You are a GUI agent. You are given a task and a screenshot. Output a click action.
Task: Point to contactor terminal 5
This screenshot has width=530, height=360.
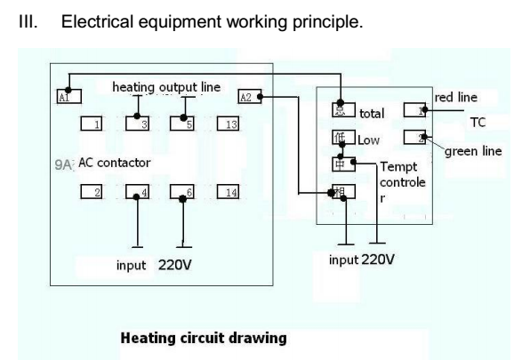tap(183, 124)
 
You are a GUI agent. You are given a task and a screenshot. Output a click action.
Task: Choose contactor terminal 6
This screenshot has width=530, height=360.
tap(183, 191)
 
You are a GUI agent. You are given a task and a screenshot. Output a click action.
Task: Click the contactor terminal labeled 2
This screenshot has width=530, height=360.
tap(92, 191)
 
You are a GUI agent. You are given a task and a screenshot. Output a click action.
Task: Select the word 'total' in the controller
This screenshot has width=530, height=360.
tap(371, 114)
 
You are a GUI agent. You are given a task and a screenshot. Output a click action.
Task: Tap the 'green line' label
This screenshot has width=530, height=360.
tap(473, 151)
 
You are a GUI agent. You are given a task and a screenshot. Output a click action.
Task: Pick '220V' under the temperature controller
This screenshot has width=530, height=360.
tap(378, 260)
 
